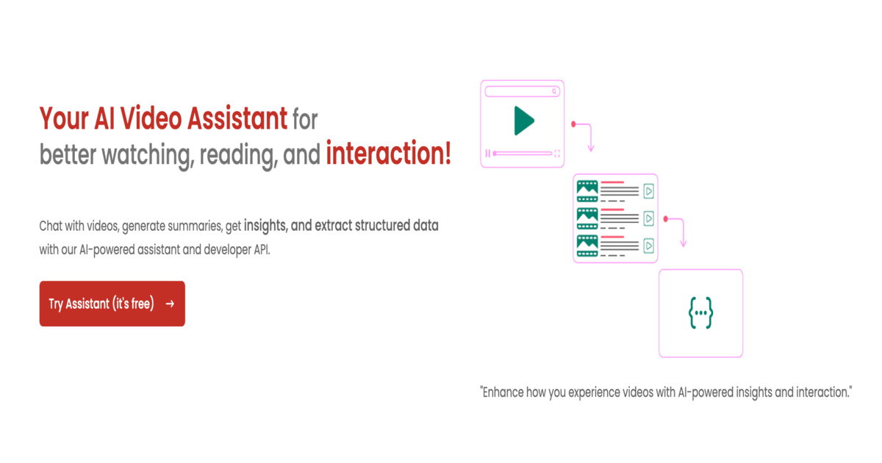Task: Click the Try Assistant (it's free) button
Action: pos(112,304)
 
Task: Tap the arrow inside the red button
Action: pos(170,304)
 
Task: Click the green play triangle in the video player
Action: pos(524,121)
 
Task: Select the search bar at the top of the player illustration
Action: pos(522,91)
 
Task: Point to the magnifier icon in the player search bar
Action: pos(554,91)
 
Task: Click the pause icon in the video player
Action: pos(488,153)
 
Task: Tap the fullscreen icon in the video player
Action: pos(557,153)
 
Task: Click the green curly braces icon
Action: pos(701,312)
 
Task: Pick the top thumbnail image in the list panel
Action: pos(587,191)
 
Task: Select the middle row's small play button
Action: pos(648,218)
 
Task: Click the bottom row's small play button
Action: pos(648,245)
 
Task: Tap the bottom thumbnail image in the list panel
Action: pos(587,245)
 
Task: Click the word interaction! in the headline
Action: pos(388,153)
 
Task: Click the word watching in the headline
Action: pos(148,155)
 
